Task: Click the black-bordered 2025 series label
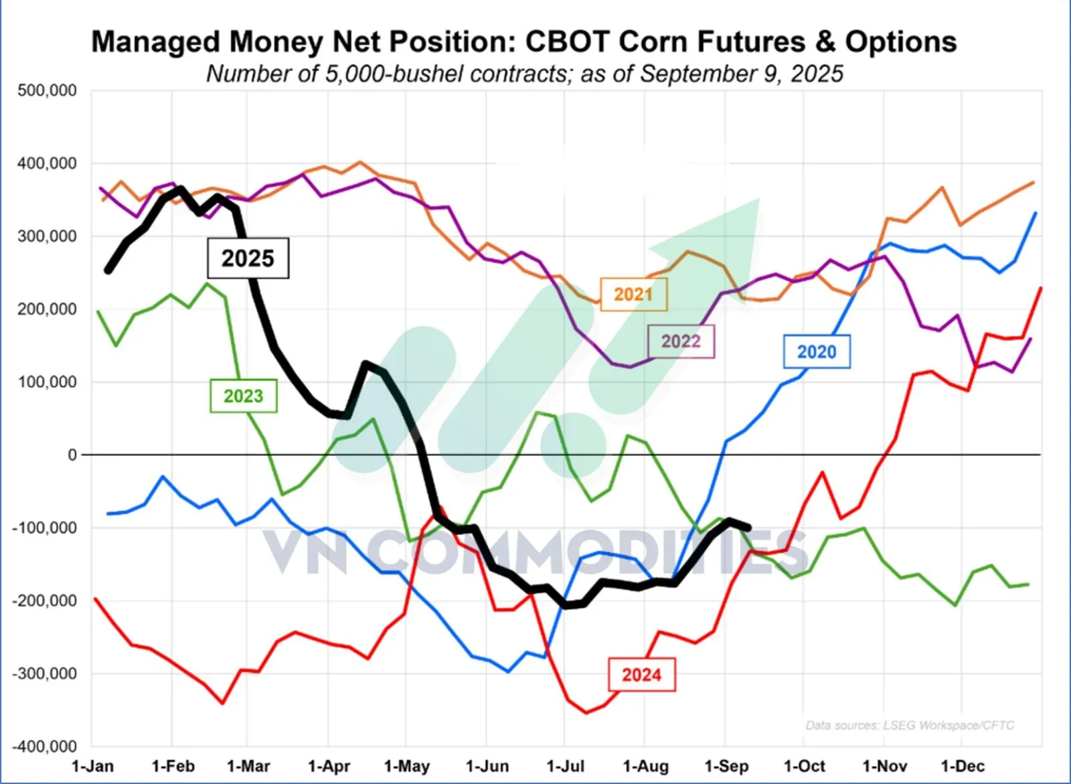(x=248, y=258)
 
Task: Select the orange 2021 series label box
(x=633, y=294)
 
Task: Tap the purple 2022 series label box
(x=681, y=341)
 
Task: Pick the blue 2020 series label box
(x=817, y=351)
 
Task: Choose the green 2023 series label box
(x=243, y=396)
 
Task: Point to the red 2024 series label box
(x=641, y=674)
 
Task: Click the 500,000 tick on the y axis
(x=47, y=90)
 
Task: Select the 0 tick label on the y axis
(x=72, y=455)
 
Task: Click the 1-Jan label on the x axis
(x=92, y=766)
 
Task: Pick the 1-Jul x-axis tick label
(x=566, y=766)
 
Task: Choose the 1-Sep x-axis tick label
(x=726, y=766)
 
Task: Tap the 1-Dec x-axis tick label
(x=963, y=766)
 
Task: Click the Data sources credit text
(x=910, y=725)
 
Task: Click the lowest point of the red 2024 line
(x=586, y=712)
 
